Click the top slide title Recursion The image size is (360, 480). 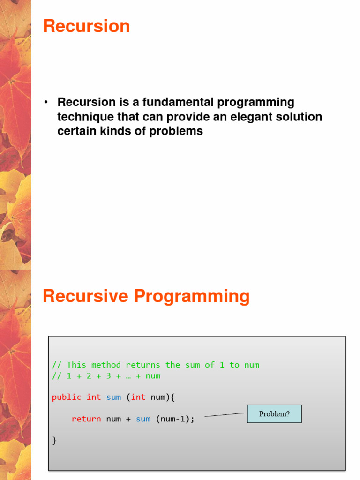[x=86, y=26]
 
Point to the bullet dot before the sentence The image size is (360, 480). [x=46, y=103]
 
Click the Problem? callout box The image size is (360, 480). [x=274, y=414]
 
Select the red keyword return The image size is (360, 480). [x=86, y=419]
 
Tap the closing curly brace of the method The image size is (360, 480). [x=54, y=440]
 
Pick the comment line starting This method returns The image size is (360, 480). [x=156, y=365]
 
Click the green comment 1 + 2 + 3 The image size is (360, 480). [x=106, y=375]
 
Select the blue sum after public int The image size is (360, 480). [x=113, y=397]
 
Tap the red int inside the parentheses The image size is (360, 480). [x=138, y=397]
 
